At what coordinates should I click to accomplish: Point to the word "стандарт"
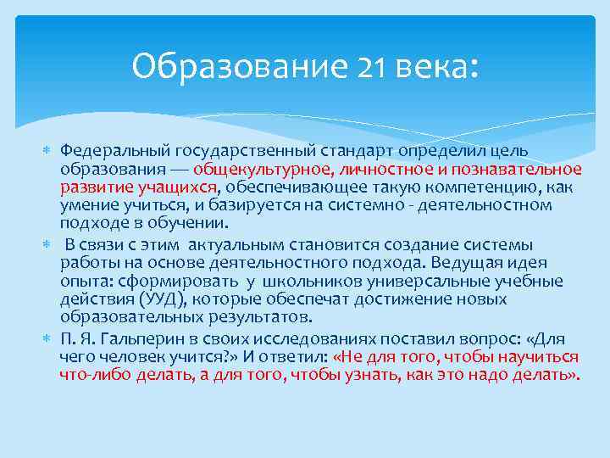click(362, 150)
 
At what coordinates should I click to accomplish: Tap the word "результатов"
click(263, 317)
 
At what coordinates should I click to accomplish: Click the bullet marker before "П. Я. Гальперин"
click(47, 338)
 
